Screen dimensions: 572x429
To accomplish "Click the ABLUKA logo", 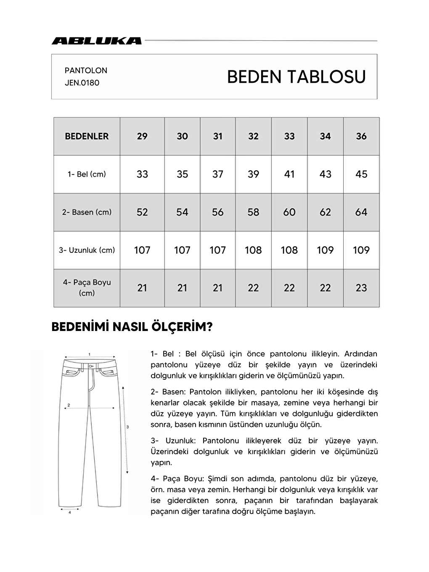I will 96,41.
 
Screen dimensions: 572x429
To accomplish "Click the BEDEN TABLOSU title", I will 296,77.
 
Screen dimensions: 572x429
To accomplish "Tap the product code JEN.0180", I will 82,83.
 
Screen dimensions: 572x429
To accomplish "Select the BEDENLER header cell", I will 87,136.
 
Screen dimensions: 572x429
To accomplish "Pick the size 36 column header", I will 361,136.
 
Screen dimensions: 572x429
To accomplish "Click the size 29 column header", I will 142,136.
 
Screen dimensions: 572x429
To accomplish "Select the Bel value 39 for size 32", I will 253,174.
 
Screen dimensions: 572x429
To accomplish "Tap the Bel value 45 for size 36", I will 361,174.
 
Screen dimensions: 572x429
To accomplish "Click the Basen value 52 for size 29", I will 142,212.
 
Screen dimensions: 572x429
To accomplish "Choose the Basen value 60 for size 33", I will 289,212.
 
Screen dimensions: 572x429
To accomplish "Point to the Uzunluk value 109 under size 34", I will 325,250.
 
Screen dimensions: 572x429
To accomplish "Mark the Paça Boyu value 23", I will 361,288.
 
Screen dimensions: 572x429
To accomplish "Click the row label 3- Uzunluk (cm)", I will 87,250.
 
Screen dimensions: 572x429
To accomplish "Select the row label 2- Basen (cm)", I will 87,212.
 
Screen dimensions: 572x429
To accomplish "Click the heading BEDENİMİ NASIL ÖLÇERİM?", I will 132,327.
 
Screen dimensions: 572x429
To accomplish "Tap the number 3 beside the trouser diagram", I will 127,427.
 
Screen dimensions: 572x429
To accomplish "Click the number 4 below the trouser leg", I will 69,513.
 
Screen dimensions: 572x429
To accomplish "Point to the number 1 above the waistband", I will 90,354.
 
